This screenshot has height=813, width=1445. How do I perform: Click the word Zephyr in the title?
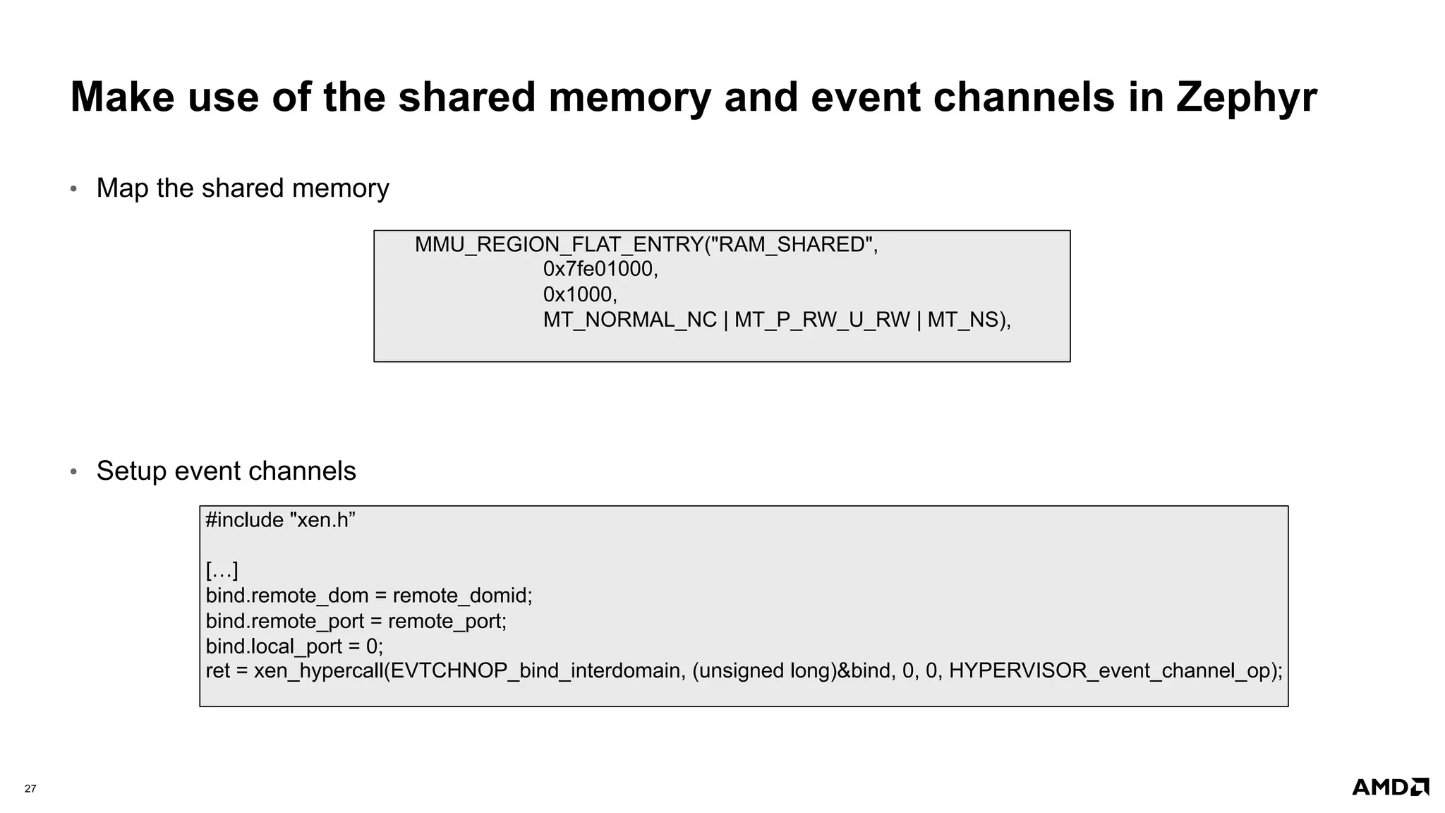pyautogui.click(x=1245, y=97)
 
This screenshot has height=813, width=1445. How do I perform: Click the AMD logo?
pyautogui.click(x=1390, y=787)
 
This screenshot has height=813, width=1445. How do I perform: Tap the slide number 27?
pyautogui.click(x=30, y=788)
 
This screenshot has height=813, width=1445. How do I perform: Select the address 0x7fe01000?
pyautogui.click(x=600, y=269)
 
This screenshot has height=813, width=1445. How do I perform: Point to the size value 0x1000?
pyautogui.click(x=580, y=294)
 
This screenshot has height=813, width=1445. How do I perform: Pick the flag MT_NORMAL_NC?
pyautogui.click(x=629, y=320)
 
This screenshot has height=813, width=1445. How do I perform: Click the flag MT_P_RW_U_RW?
pyautogui.click(x=822, y=320)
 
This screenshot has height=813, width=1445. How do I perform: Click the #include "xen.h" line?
pyautogui.click(x=280, y=520)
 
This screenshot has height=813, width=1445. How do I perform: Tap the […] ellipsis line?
pyautogui.click(x=222, y=570)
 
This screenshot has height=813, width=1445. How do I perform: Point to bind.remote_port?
pyautogui.click(x=284, y=621)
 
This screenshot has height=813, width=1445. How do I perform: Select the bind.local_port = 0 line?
pyautogui.click(x=294, y=646)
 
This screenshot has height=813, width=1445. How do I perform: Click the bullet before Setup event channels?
pyautogui.click(x=73, y=472)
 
